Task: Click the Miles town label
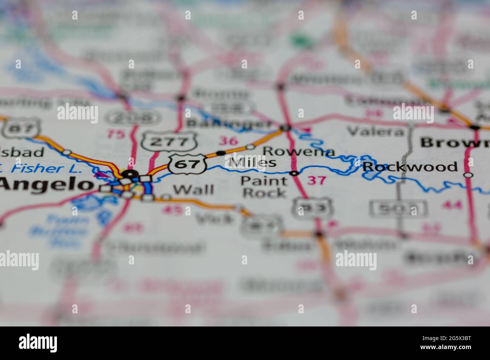tap(252, 162)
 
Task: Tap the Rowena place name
tap(299, 151)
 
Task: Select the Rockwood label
tap(410, 166)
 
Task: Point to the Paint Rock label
tap(264, 187)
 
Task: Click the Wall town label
tap(194, 189)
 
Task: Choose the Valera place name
tap(375, 131)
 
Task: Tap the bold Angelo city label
tap(46, 184)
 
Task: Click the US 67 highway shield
tap(188, 164)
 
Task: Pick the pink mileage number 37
tap(316, 180)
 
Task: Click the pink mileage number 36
tap(229, 141)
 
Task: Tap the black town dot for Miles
tap(221, 153)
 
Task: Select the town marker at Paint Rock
tap(294, 173)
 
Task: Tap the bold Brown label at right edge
tap(454, 143)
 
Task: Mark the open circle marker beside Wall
tap(166, 197)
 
